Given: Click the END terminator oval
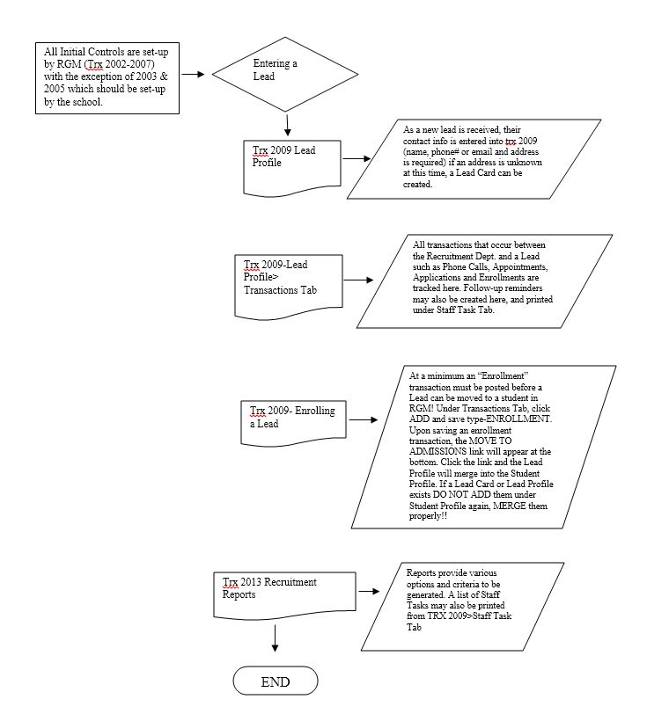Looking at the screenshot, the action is tap(276, 681).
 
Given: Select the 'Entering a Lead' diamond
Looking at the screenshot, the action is tap(285, 74).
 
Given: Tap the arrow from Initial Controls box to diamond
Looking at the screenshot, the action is tap(194, 74).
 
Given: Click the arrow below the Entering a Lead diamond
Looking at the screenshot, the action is tap(287, 125).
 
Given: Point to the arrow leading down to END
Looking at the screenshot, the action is tap(275, 638).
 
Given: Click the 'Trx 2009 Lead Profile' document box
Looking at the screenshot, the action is tap(292, 169).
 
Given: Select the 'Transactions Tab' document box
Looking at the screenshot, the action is tap(289, 288).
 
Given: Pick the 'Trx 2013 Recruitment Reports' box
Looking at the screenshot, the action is tap(285, 596).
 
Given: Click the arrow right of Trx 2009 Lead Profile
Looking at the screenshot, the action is tap(357, 158).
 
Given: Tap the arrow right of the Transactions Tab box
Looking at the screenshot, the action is tap(358, 280).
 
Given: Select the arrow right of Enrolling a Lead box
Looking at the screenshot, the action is tap(364, 419).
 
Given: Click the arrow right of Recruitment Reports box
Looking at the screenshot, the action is tap(369, 591).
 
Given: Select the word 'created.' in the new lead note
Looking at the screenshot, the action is tap(417, 185).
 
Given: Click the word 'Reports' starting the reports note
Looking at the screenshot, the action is tap(421, 572).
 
